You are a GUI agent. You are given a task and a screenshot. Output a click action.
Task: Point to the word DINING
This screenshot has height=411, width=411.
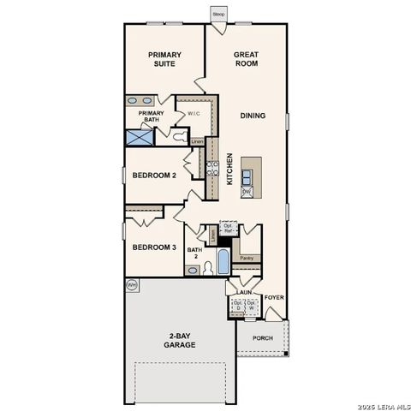pos(252,115)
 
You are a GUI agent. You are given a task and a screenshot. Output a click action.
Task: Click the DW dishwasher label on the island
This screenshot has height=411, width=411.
pos(247,193)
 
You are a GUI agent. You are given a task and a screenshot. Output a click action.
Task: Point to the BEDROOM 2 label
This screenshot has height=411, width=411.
pos(154,176)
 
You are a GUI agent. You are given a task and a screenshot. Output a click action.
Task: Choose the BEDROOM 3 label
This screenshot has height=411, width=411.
pos(154,247)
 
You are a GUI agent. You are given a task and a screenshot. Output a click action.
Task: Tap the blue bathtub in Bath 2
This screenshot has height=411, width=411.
pos(222,261)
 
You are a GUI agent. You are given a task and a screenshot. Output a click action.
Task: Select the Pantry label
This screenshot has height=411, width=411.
pos(247,258)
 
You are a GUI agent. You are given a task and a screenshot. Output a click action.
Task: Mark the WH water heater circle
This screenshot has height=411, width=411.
pos(132,283)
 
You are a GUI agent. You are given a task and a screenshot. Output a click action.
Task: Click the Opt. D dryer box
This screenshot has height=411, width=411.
pos(236,306)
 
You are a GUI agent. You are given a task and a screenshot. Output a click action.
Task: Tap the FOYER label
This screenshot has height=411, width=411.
pos(273,297)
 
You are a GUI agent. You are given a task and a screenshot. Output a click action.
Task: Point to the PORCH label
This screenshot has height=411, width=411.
pos(264,337)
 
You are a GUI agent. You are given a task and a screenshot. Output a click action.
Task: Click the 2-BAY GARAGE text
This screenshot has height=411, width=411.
pos(182,339)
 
